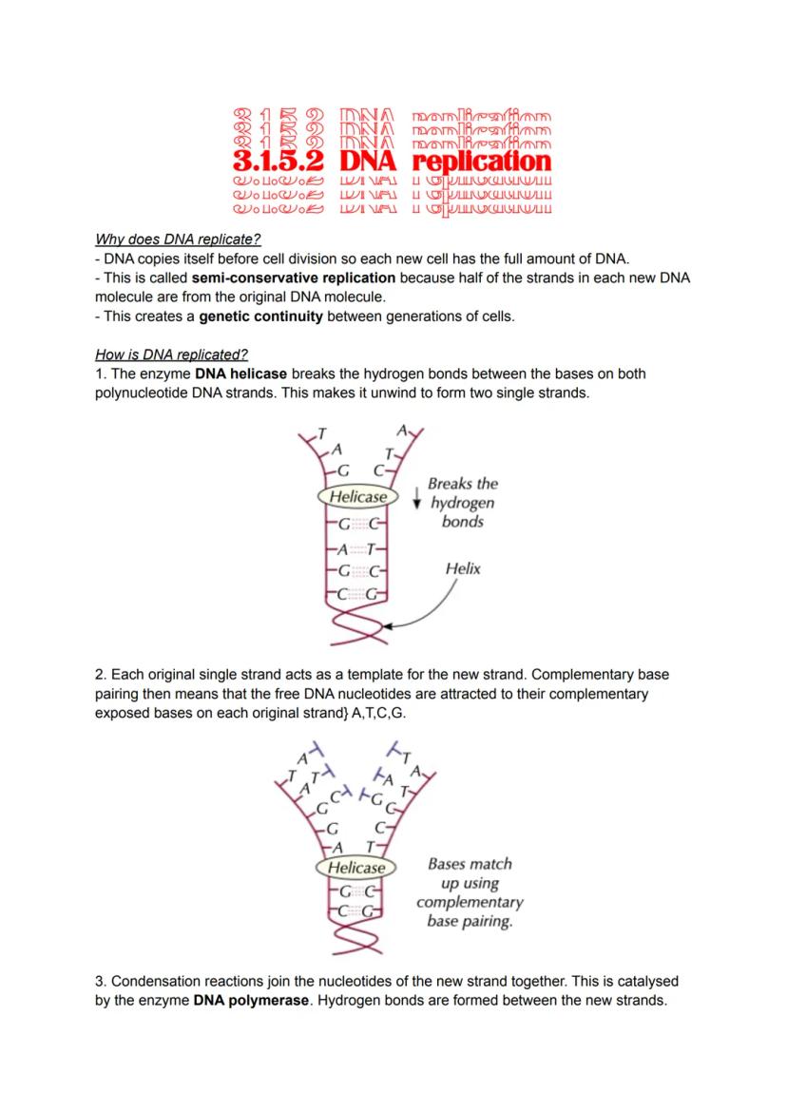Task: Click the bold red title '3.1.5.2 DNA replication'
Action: [x=392, y=161]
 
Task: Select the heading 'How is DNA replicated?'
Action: [x=171, y=355]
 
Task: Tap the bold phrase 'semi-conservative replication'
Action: [x=294, y=278]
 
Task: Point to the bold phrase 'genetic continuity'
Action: [x=260, y=316]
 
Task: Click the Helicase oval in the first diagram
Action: [x=358, y=496]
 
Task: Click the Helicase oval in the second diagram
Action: [x=356, y=867]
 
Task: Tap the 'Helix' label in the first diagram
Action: [x=463, y=568]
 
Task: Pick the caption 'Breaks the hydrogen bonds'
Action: [x=462, y=503]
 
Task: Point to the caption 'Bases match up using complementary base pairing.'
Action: [x=470, y=892]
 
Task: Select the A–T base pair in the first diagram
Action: [x=355, y=550]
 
